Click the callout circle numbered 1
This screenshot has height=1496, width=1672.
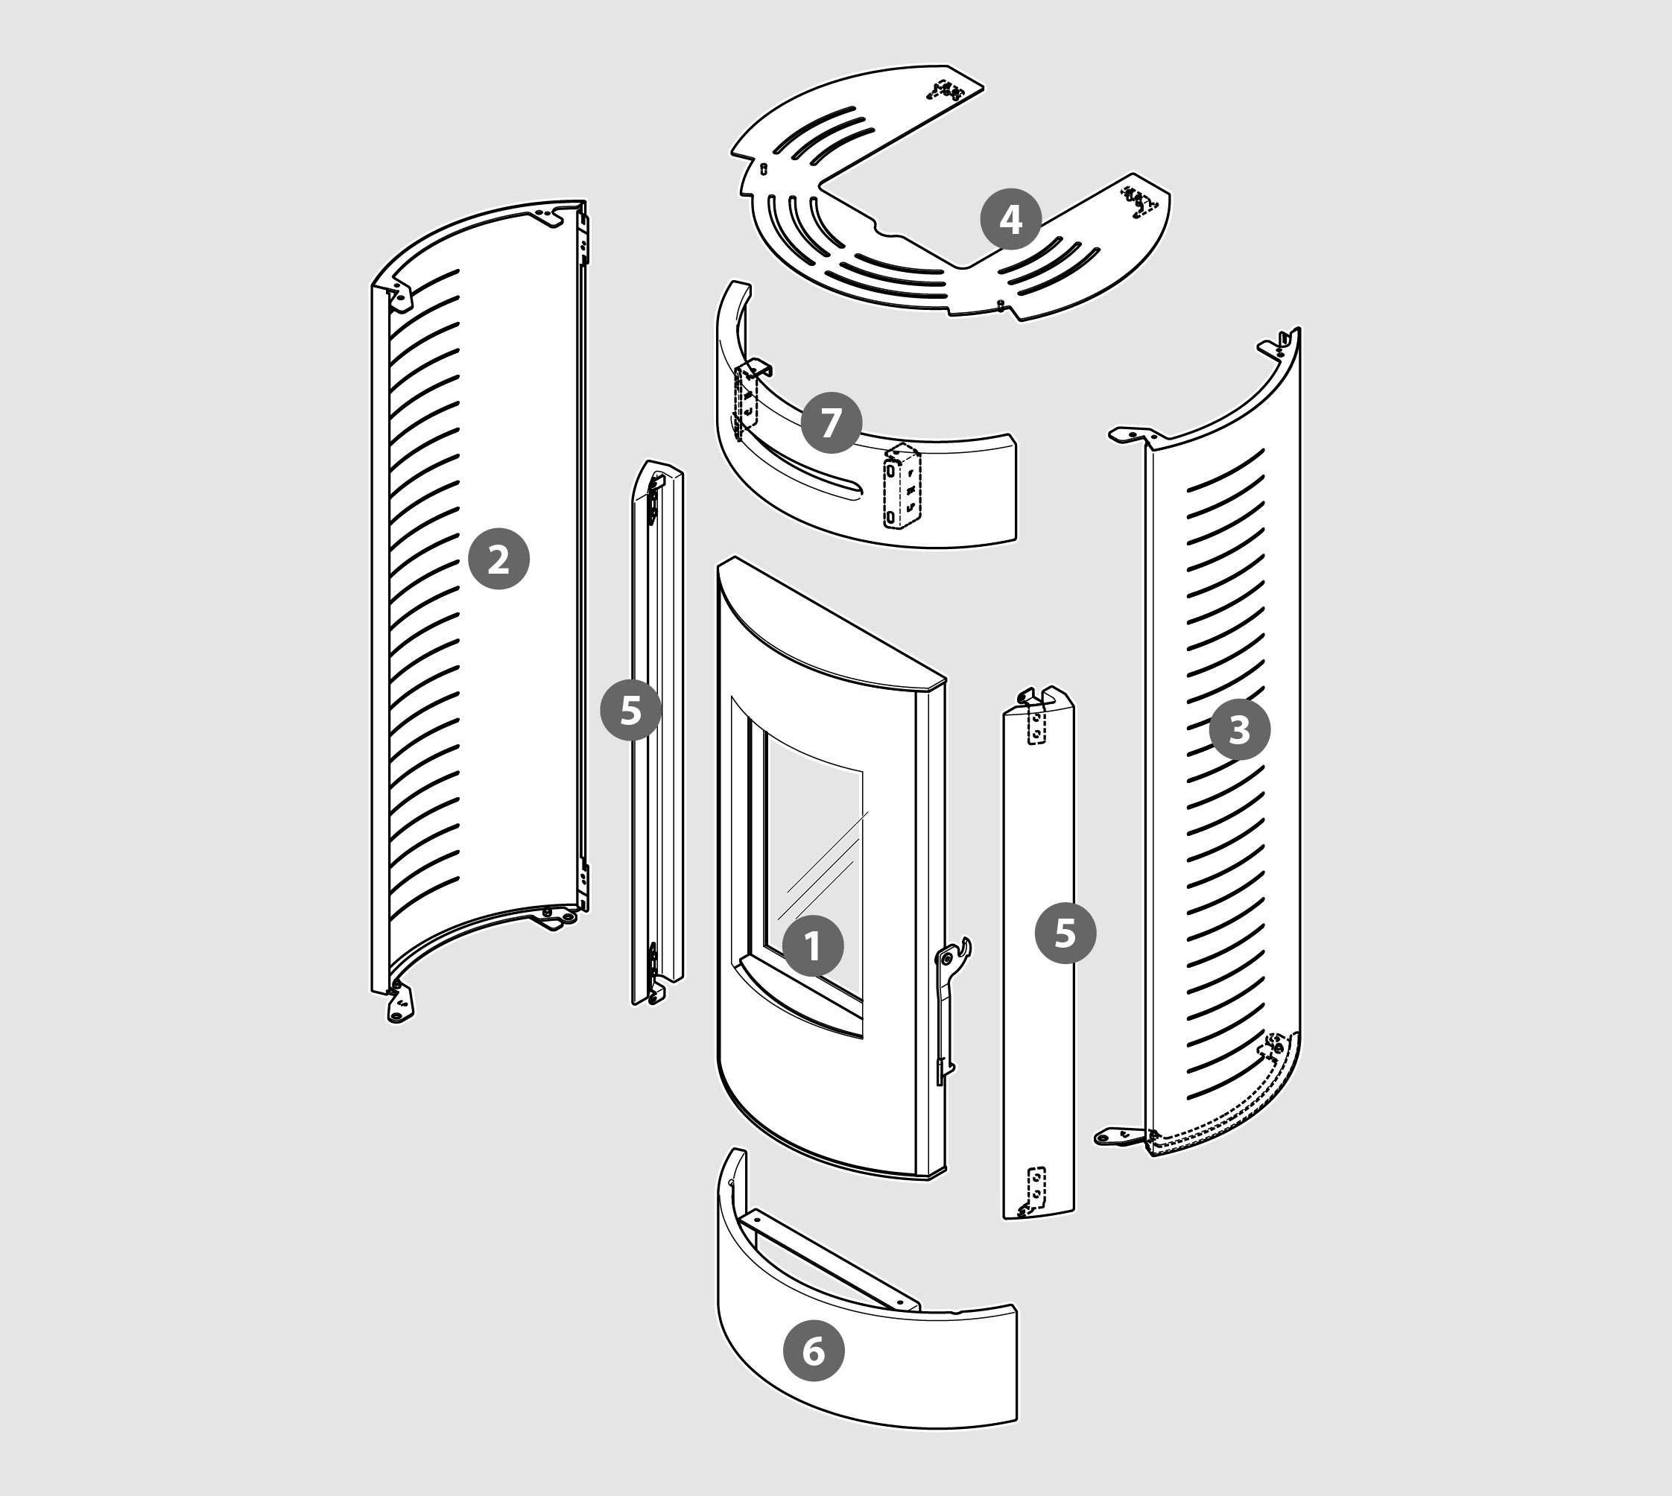point(812,946)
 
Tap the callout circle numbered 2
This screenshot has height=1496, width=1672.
point(498,559)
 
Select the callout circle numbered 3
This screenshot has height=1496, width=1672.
point(1239,729)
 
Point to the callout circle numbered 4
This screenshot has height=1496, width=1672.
point(1010,220)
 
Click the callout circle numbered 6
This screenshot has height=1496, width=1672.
point(813,1351)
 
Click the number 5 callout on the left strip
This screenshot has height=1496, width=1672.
point(630,709)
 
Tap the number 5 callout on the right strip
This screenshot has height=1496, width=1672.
point(1065,933)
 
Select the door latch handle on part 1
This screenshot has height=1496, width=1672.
point(954,957)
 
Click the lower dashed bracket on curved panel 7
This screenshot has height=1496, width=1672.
point(902,487)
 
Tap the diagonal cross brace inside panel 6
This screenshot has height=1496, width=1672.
point(830,1262)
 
